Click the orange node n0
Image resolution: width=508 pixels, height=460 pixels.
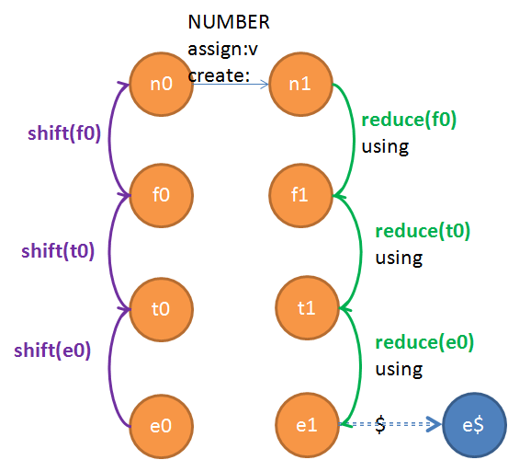point(162,84)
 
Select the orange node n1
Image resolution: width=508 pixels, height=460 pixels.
point(300,84)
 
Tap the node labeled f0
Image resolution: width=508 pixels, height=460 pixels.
point(162,196)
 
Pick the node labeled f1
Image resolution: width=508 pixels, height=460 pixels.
point(300,196)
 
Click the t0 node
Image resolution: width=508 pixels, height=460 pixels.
point(162,308)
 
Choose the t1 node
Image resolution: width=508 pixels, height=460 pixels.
point(307,307)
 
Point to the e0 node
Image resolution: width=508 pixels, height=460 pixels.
point(162,425)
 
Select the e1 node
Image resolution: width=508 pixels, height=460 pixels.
point(307,425)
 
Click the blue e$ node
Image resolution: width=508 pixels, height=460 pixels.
point(474,425)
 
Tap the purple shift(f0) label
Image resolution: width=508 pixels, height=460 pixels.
point(64,133)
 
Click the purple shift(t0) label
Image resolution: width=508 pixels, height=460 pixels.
point(58,251)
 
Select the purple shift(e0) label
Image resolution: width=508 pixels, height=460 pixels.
point(52,351)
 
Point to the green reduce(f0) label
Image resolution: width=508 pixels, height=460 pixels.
point(409,120)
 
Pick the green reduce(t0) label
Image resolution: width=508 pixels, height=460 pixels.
point(423,231)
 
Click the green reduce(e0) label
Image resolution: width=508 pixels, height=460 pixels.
point(424,342)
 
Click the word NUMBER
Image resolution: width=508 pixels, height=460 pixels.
point(229,22)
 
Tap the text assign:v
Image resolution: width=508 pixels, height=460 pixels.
point(223,50)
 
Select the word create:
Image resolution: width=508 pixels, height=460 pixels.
point(219,75)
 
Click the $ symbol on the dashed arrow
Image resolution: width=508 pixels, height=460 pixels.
point(380,424)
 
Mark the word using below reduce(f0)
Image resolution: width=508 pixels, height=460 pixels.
point(385,147)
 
